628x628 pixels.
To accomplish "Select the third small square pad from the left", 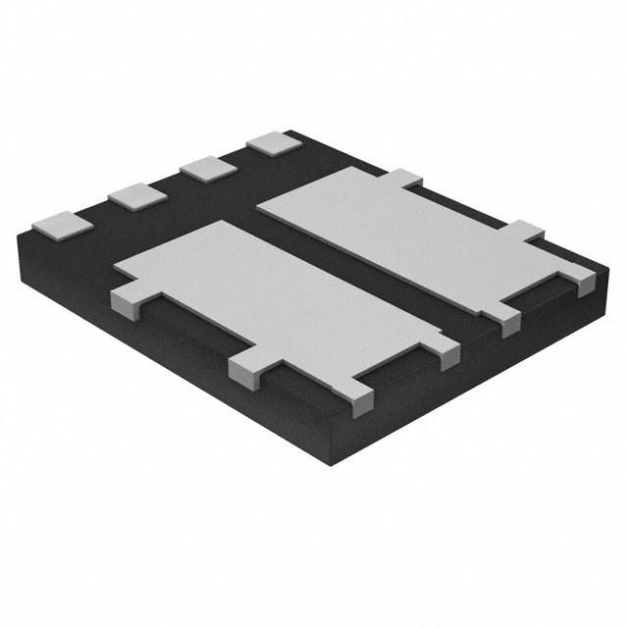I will (x=205, y=167).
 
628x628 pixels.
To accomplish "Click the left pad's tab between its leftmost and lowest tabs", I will (x=247, y=368).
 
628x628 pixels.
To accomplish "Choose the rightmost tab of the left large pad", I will (x=446, y=354).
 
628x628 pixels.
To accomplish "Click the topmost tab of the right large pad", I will (x=405, y=178).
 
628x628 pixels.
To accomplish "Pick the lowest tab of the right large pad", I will (x=508, y=321).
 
